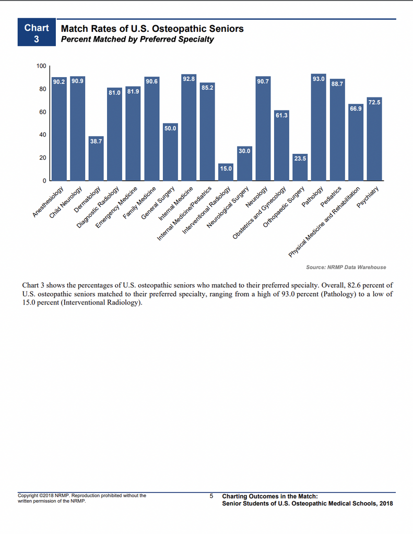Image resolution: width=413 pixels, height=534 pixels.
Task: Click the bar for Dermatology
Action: tap(96, 159)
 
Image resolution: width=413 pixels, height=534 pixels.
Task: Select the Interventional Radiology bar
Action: tap(226, 172)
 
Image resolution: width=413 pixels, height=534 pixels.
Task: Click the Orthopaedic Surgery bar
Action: tap(300, 167)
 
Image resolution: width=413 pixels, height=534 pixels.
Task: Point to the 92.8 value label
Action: tap(188, 78)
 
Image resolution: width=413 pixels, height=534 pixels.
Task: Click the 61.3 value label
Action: tap(281, 114)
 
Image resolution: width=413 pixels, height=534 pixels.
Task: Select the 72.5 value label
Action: tap(374, 102)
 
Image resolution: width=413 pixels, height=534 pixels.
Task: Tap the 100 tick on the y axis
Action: tap(41, 66)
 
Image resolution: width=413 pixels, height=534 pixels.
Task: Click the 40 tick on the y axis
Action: tap(43, 135)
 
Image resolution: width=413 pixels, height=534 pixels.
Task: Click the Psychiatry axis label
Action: tap(368, 198)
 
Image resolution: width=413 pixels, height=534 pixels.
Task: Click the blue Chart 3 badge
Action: tap(37, 33)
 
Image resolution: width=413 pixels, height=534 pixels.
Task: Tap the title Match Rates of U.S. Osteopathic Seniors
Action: tap(152, 29)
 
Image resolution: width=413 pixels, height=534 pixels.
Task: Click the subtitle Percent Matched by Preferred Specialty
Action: tap(137, 39)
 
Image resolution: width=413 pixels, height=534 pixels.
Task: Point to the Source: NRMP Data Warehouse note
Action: tap(346, 267)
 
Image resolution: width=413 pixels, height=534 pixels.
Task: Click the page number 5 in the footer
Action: tap(211, 496)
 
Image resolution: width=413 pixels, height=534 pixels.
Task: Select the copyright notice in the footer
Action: tap(82, 498)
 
